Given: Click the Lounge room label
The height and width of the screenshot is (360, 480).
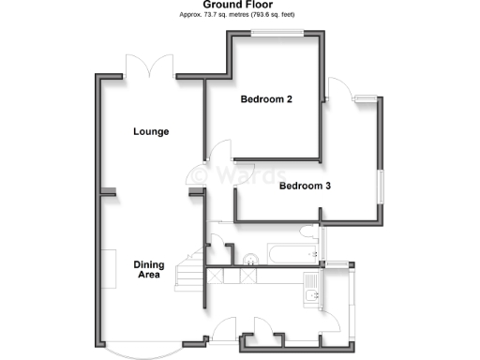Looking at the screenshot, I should pos(151,131).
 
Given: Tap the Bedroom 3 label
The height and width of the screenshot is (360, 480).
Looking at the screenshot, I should pos(306,186).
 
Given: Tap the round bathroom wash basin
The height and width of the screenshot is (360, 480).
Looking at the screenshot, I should pos(250,260).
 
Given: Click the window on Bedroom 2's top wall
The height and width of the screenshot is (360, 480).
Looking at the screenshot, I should pos(276,34).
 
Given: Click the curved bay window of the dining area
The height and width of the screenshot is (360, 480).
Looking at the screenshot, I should pos(131,351).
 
